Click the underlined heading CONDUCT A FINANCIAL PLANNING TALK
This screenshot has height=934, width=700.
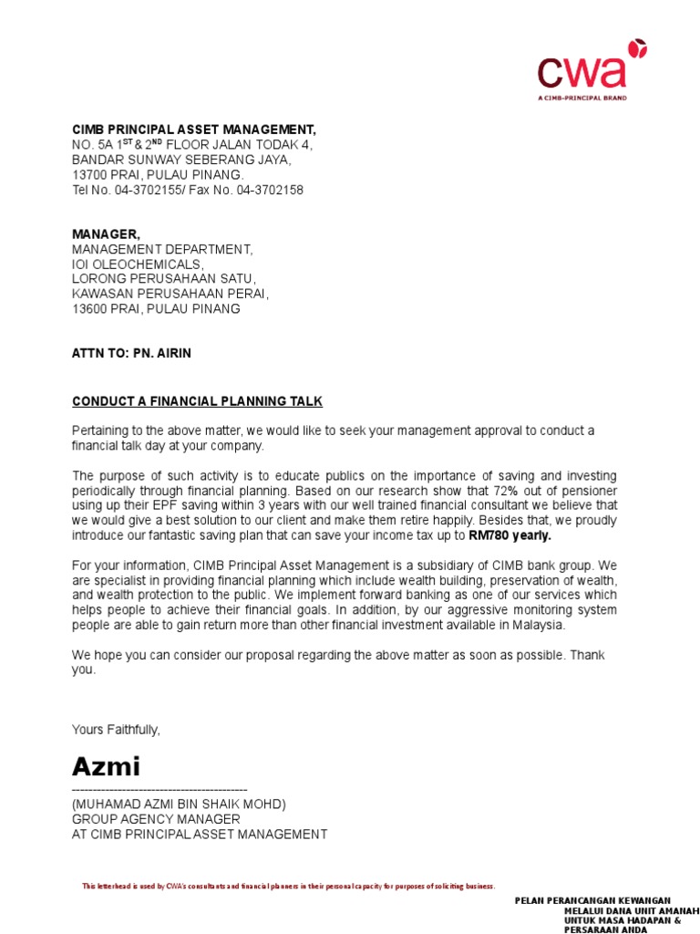tap(197, 401)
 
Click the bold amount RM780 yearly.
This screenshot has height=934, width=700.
tap(510, 535)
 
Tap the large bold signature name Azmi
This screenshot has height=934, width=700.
tap(107, 765)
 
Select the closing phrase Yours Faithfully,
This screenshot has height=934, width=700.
tap(116, 729)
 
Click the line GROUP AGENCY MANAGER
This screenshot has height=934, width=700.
tap(156, 819)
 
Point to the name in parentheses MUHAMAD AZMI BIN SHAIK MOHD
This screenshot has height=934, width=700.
tap(179, 804)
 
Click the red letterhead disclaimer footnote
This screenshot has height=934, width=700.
tap(288, 886)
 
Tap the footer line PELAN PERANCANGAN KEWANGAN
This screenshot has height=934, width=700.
tap(592, 900)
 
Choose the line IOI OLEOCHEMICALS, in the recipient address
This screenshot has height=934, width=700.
tap(144, 265)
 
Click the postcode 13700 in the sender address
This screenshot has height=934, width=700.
tap(90, 175)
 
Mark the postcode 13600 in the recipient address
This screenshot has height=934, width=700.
tap(90, 308)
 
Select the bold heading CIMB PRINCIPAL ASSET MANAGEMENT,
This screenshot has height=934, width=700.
tap(194, 130)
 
